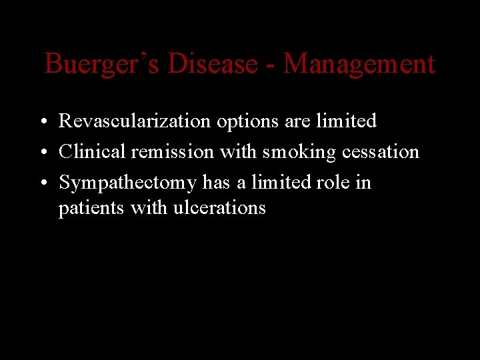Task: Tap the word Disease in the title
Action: tap(213, 65)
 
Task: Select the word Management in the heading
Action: tap(359, 65)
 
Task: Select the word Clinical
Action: tap(92, 152)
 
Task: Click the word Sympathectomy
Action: tap(127, 183)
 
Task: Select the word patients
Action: tap(91, 208)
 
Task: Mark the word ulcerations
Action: tap(219, 208)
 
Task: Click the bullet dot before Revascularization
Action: tap(41, 122)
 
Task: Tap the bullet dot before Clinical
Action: tap(41, 153)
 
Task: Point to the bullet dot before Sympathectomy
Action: tap(41, 183)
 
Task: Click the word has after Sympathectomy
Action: tap(216, 183)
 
